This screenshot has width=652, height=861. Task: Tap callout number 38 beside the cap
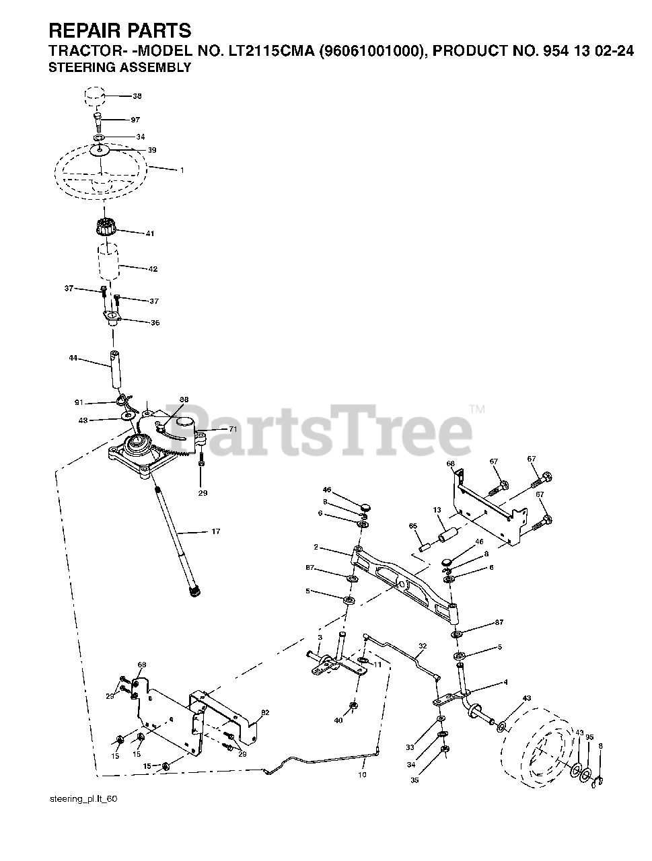pyautogui.click(x=137, y=96)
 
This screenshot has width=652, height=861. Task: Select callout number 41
pyautogui.click(x=150, y=233)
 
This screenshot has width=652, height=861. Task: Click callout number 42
pyautogui.click(x=153, y=269)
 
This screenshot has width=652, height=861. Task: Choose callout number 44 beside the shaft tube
pyautogui.click(x=73, y=359)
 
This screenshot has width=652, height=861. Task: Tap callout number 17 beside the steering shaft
pyautogui.click(x=215, y=532)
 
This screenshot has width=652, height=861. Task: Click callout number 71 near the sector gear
pyautogui.click(x=233, y=428)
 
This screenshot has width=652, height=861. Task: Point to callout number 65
pyautogui.click(x=412, y=525)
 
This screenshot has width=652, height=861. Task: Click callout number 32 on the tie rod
pyautogui.click(x=422, y=646)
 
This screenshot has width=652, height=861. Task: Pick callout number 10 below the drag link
pyautogui.click(x=362, y=775)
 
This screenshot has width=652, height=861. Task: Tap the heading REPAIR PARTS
pyautogui.click(x=120, y=30)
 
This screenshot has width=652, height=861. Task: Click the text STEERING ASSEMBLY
pyautogui.click(x=120, y=67)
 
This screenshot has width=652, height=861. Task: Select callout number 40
pyautogui.click(x=338, y=720)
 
